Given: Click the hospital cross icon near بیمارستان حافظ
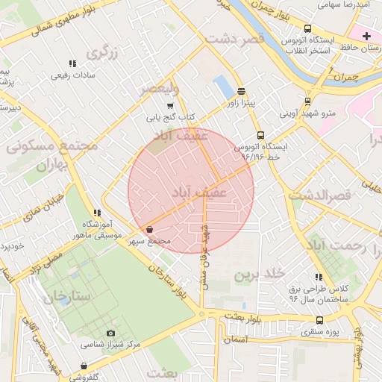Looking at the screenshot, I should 366,35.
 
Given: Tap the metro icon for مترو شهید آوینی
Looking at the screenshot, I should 307,102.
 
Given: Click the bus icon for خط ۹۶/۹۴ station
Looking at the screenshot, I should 260,135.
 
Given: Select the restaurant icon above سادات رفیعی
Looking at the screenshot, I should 72,64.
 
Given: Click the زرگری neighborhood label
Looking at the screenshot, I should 102,53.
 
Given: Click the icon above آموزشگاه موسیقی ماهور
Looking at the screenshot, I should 97,213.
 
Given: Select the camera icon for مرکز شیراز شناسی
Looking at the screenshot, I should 111,333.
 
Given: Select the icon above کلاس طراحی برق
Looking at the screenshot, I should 319,277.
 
